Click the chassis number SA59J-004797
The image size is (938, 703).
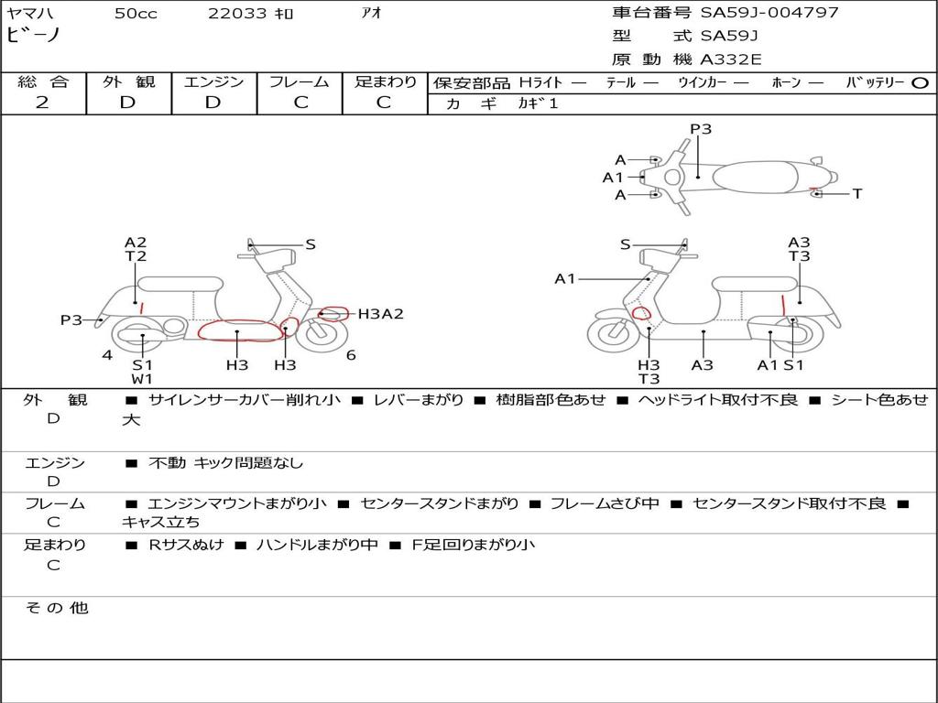tap(769, 13)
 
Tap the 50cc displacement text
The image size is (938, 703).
tap(136, 14)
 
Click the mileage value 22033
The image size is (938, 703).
tap(237, 14)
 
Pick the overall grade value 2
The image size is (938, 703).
tap(42, 103)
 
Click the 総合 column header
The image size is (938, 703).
tap(43, 82)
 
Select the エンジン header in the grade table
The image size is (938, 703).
tap(213, 82)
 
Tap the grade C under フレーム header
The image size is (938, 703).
tap(300, 103)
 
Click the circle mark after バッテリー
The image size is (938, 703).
tap(921, 83)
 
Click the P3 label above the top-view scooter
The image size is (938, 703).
tap(701, 129)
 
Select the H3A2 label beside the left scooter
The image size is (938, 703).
tap(380, 314)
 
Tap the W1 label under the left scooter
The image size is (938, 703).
tap(142, 379)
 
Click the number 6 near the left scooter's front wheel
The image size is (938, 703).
tap(351, 355)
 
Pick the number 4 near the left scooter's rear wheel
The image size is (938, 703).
tap(107, 355)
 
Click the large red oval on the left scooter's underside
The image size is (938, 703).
tap(240, 330)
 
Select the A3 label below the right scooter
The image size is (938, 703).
tap(703, 365)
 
